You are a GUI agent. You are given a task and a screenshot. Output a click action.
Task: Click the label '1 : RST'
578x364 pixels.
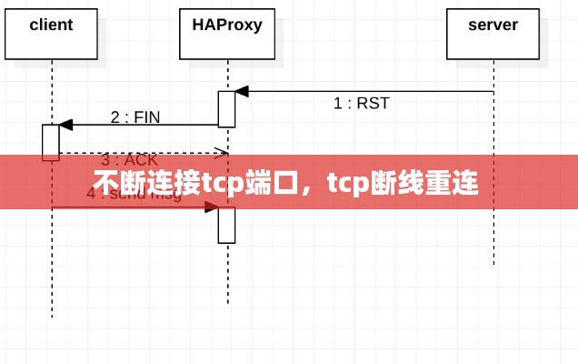coord(361,104)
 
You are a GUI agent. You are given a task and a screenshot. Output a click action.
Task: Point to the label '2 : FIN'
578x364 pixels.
coord(135,116)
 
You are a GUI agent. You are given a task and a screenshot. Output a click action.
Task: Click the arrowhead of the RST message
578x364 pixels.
coord(242,92)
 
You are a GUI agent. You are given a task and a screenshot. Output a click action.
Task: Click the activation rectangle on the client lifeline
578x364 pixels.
coord(51,142)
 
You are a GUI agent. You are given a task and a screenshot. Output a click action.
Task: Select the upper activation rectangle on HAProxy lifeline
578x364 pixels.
coord(226,109)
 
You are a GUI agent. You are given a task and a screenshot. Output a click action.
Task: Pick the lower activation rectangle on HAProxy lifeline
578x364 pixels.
coord(226,225)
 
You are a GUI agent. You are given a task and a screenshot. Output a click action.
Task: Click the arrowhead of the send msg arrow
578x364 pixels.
coord(212,207)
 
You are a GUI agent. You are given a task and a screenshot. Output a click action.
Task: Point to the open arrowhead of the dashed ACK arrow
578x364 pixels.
coord(221,153)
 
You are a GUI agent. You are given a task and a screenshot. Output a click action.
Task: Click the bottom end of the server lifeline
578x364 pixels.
coord(493,265)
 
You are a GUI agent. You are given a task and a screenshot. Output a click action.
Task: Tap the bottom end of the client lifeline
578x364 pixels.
coord(52,317)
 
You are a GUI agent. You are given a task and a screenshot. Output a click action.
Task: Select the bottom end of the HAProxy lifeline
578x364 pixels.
coord(227,303)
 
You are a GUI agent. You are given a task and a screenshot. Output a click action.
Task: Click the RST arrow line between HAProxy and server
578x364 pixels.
coord(364,92)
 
